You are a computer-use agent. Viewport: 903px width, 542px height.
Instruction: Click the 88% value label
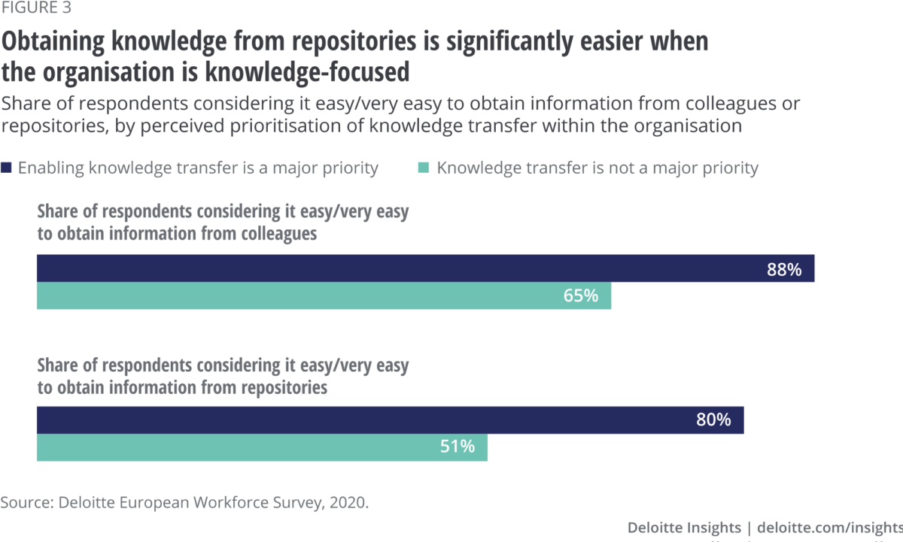pos(784,269)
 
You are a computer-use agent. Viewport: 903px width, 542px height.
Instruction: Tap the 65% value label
pos(580,296)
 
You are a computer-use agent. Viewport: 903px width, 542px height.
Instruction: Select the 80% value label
pos(713,420)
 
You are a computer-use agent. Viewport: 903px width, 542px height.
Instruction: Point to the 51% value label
pos(457,447)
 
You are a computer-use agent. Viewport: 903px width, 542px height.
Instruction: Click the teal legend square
pos(423,168)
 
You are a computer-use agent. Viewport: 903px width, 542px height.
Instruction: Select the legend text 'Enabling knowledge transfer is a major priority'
pos(198,168)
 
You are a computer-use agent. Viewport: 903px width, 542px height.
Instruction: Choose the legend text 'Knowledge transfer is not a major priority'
pos(597,168)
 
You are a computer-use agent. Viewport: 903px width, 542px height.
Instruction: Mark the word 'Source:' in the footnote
pos(26,501)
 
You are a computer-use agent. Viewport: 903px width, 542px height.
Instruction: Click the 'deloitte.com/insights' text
pos(829,526)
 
